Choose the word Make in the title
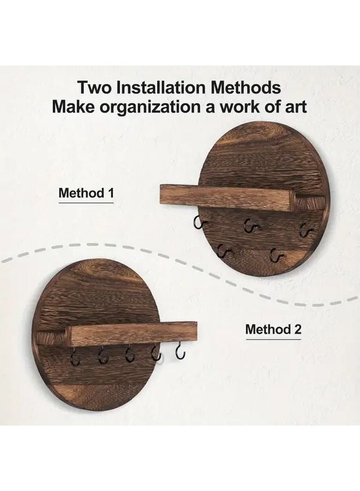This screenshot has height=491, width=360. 71,106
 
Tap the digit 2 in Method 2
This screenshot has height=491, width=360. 297,330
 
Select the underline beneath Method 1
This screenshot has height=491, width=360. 86,203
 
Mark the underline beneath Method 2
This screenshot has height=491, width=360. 273,339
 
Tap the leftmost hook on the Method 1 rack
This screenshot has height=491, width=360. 198,222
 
